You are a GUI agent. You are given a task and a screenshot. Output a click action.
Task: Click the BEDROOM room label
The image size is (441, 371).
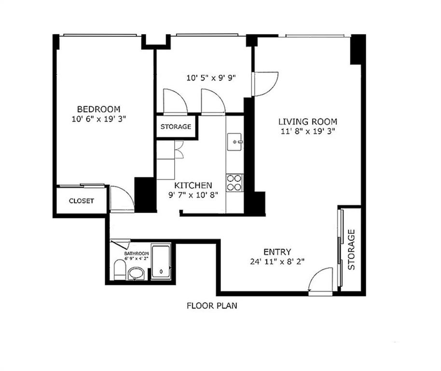tap(98, 109)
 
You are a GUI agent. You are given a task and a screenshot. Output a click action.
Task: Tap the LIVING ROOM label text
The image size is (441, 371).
tap(307, 122)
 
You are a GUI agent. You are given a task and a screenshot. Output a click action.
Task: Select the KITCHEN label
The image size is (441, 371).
tap(193, 185)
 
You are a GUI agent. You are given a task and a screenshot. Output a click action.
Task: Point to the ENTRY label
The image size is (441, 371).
tap(277, 252)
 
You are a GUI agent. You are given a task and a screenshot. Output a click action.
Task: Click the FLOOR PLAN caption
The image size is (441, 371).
tap(212, 306)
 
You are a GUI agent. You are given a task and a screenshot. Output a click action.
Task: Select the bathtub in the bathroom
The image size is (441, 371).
tap(162, 262)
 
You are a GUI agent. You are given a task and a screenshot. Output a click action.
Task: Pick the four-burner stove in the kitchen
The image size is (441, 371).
tap(234, 183)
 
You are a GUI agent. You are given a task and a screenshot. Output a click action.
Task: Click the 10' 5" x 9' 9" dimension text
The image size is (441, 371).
tap(211, 78)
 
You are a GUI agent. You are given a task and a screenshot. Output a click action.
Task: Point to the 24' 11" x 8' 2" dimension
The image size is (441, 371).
tap(277, 261)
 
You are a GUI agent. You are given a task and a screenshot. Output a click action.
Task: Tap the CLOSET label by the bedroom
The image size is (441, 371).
tap(81, 201)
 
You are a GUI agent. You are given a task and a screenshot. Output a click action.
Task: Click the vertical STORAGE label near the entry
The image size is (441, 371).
tap(351, 250)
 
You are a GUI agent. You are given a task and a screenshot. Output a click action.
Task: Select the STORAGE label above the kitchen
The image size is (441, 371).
tap(176, 127)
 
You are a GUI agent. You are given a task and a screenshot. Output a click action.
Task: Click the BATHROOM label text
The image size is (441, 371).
tap(136, 254)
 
